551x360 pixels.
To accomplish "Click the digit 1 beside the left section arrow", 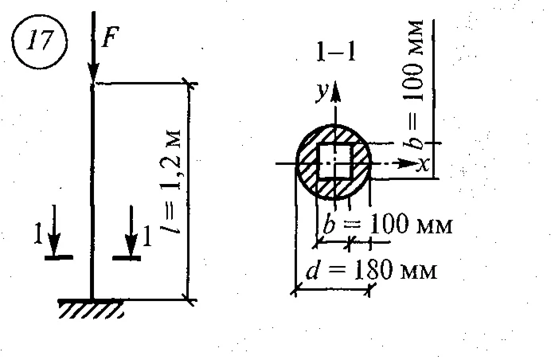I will [37, 236].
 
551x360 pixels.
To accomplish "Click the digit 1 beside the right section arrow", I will [146, 236].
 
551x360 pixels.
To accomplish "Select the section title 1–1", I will [335, 53].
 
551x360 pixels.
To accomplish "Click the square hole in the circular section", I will [335, 162].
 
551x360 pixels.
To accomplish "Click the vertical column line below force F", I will [93, 191].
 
